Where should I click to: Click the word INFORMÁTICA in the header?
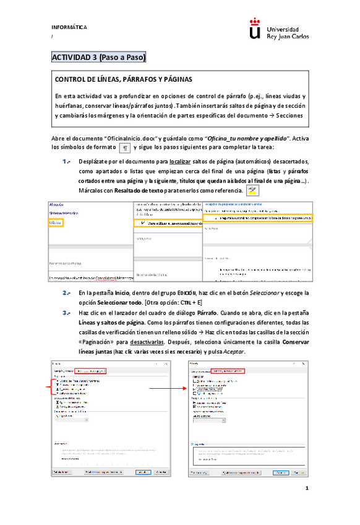click(69, 28)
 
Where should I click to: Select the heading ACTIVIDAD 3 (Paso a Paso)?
click(99, 58)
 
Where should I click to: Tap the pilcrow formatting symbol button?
click(125, 147)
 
